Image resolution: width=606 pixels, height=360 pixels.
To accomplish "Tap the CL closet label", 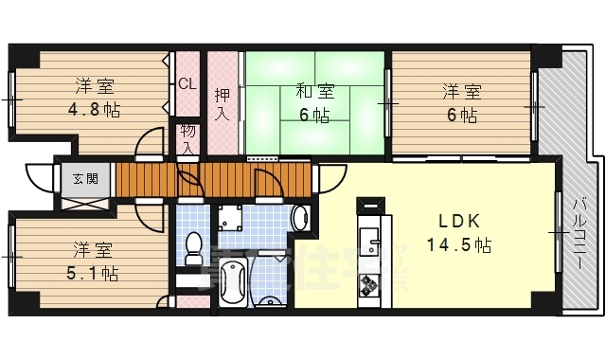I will [187, 83].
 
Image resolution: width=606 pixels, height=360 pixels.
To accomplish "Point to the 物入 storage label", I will [187, 138].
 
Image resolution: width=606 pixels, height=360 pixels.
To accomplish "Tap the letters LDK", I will [459, 221].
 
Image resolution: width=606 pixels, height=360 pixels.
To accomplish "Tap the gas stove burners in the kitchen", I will [367, 281].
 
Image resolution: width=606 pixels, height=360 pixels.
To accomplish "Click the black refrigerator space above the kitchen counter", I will [370, 203].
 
